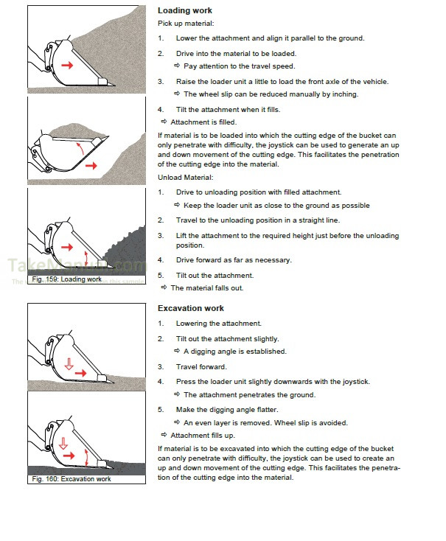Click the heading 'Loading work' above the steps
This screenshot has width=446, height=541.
click(x=184, y=11)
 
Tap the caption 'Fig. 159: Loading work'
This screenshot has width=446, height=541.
click(x=67, y=279)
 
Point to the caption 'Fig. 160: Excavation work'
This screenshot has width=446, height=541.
click(x=72, y=479)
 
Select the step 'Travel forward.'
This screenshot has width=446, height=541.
click(x=201, y=366)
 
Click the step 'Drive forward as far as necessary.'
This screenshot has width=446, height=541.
click(x=234, y=260)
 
